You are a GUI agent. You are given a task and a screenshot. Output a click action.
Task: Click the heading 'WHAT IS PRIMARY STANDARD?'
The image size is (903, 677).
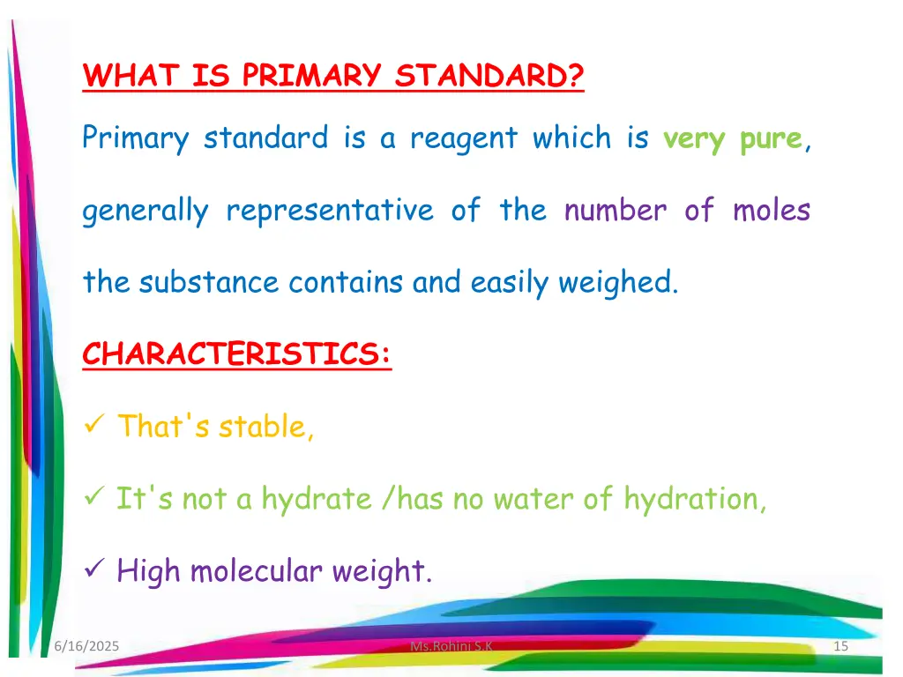(333, 77)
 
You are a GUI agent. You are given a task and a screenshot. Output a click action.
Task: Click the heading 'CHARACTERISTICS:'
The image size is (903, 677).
(236, 354)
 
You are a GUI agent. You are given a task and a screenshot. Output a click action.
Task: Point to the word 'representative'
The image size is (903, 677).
(330, 211)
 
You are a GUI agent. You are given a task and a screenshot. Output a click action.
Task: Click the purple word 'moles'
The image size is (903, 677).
(771, 211)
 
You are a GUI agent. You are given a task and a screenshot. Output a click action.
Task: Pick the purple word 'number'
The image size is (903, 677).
(616, 211)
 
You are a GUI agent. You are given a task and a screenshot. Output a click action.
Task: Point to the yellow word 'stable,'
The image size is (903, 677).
(266, 427)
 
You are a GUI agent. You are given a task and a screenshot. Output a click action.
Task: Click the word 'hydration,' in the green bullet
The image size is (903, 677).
(695, 499)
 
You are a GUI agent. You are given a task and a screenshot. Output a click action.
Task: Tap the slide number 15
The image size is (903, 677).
(840, 647)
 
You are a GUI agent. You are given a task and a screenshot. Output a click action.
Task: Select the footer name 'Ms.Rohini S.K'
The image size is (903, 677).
(451, 647)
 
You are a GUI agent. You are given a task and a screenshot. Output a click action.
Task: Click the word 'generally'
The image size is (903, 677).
(146, 212)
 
